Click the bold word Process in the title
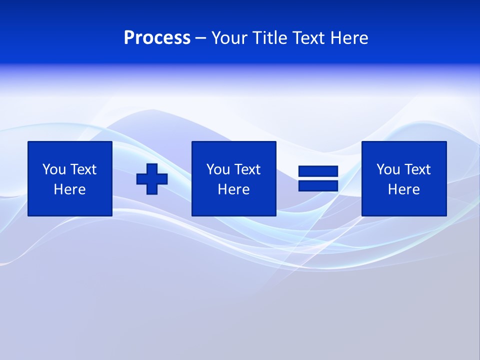coord(157,38)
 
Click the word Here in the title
coord(349,38)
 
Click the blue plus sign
coord(152,178)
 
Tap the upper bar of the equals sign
coord(318,171)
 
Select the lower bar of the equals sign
coord(318,186)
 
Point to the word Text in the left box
coord(83,169)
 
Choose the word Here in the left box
coord(69,189)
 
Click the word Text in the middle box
coord(247,169)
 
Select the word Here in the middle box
coord(233,189)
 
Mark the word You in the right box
coord(388,169)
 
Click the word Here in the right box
coord(403,189)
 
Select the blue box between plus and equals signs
coord(233,205)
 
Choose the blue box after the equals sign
coord(403,205)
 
